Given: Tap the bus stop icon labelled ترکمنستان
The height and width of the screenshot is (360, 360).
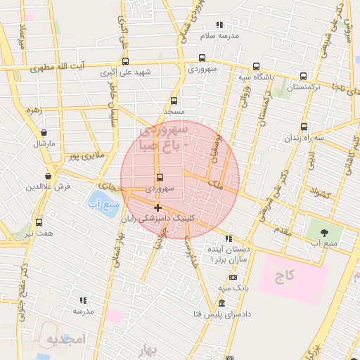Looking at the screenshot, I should pyautogui.click(x=303, y=77).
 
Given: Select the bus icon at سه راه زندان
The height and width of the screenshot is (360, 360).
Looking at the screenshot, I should pyautogui.click(x=304, y=127).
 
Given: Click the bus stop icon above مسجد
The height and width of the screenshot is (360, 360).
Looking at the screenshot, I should pyautogui.click(x=174, y=101).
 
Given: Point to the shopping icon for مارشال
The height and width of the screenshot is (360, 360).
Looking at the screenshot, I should pyautogui.click(x=44, y=132).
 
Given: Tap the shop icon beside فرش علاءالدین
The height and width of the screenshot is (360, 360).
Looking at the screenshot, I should pyautogui.click(x=48, y=176).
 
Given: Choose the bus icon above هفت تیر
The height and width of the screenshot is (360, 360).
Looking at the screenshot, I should pyautogui.click(x=39, y=221).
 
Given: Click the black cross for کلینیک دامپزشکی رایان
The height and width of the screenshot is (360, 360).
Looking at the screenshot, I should pyautogui.click(x=157, y=207).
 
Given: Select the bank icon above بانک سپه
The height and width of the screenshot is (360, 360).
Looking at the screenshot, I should pyautogui.click(x=229, y=278).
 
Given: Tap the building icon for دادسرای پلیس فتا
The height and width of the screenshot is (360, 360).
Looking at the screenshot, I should pyautogui.click(x=222, y=303).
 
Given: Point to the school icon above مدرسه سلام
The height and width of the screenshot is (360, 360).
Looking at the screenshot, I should pyautogui.click(x=220, y=25).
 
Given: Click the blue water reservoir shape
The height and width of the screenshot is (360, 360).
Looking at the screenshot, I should pyautogui.click(x=103, y=205).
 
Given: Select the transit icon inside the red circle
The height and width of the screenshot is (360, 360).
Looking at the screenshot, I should pyautogui.click(x=159, y=177).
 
